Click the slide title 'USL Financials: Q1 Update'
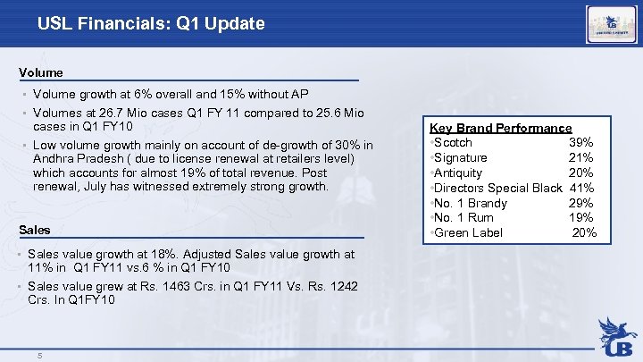151,23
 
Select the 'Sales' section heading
35,230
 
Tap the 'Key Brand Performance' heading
500,128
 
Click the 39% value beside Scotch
581,143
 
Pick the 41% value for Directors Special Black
581,188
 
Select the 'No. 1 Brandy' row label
469,203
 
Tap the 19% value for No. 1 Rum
581,218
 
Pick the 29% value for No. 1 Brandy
581,203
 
